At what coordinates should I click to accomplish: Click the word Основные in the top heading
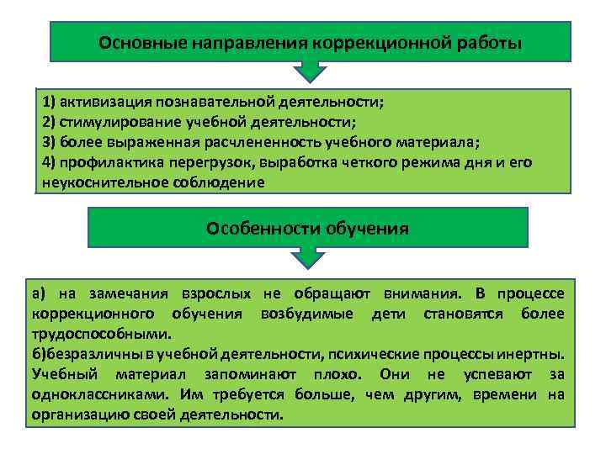[x=135, y=42]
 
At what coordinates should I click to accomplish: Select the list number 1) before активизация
[x=49, y=102]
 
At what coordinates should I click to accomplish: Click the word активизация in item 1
[x=104, y=102]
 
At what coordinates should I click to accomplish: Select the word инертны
[x=539, y=354]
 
